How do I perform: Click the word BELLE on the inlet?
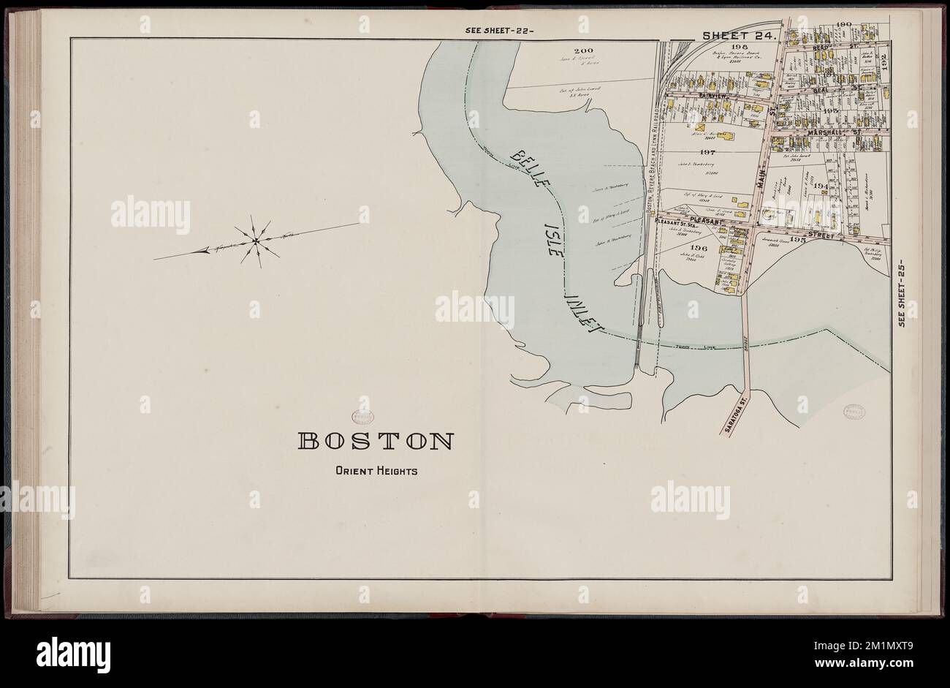coord(524,169)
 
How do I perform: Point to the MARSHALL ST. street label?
coord(834,133)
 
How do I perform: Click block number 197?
coord(706,153)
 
